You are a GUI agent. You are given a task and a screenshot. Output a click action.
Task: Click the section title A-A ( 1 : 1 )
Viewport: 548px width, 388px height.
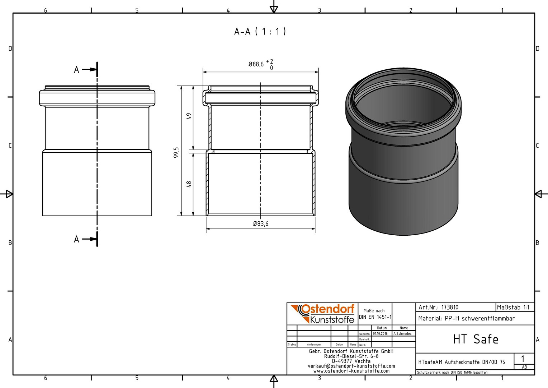[x=260, y=31]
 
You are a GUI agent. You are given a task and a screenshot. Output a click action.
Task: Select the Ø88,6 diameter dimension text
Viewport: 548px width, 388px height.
[x=256, y=64]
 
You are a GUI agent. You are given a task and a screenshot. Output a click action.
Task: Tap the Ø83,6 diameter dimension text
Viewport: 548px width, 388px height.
[x=260, y=223]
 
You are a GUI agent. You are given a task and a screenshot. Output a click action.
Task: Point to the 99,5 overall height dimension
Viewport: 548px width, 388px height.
[x=176, y=152]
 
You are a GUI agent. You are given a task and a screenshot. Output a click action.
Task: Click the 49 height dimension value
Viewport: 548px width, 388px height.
[x=189, y=116]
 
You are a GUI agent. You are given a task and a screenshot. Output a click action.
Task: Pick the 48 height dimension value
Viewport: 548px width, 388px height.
[x=189, y=184]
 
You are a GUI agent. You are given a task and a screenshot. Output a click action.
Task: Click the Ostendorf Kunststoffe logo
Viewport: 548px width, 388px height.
[x=322, y=314]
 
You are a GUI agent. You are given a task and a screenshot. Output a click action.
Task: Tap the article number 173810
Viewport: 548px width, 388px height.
[x=450, y=308]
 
